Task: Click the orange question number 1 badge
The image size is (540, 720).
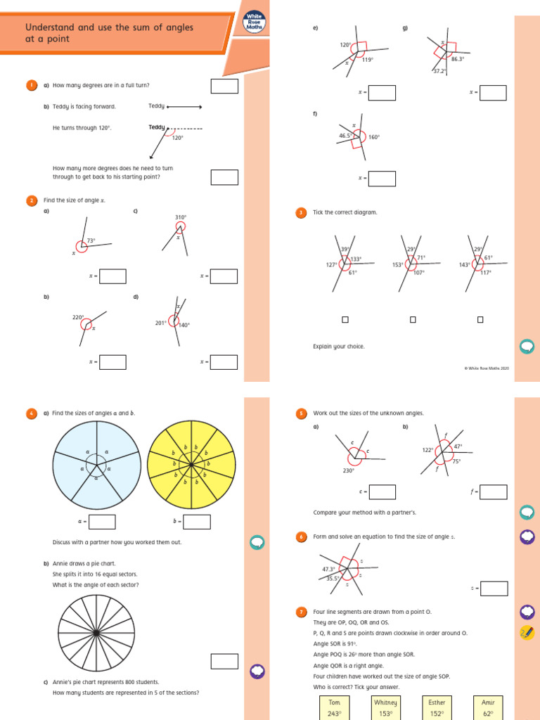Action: (x=32, y=85)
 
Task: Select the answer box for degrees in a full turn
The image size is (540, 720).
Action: (x=224, y=86)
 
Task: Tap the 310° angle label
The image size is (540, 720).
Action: (x=181, y=217)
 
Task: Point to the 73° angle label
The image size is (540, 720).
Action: (x=91, y=240)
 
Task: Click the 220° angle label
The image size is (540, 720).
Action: (x=78, y=318)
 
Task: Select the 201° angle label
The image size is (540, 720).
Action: (x=160, y=323)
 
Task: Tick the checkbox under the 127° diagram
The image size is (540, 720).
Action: (x=345, y=320)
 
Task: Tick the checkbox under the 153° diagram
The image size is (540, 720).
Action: (x=413, y=320)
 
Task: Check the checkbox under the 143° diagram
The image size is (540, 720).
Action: (x=480, y=320)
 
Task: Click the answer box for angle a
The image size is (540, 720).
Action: (x=102, y=522)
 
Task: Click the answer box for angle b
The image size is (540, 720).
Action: (x=197, y=522)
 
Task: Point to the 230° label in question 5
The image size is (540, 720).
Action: (x=348, y=470)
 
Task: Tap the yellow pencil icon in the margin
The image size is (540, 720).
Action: (x=527, y=632)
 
